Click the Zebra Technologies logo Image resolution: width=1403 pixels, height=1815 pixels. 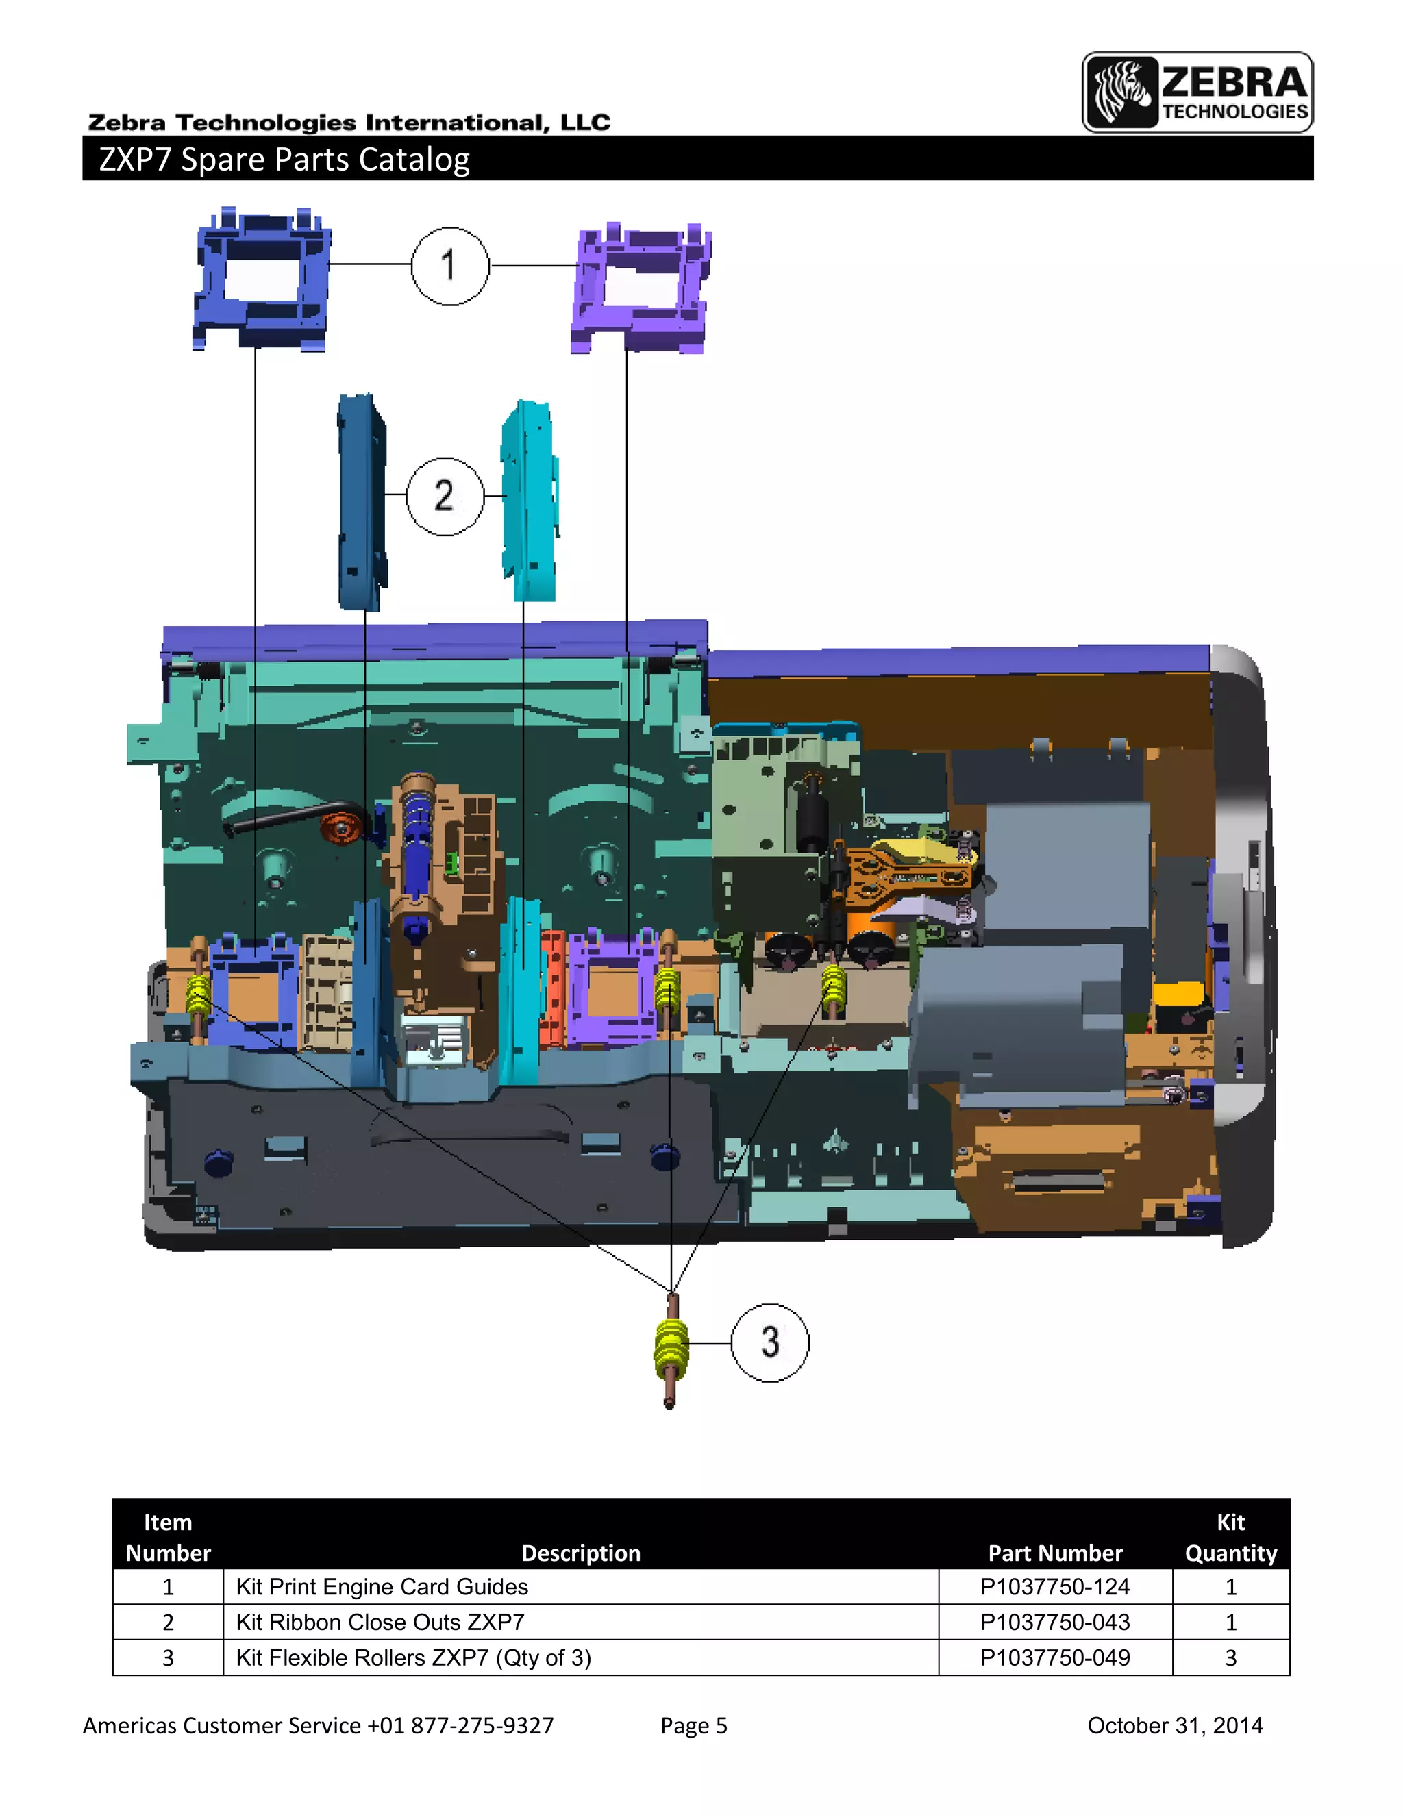click(x=1197, y=92)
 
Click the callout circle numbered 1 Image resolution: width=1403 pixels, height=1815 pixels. click(x=449, y=266)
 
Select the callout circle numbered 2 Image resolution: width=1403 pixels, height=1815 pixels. click(x=445, y=496)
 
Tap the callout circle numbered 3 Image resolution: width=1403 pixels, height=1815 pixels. click(x=769, y=1342)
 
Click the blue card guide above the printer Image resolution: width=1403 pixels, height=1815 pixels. click(x=260, y=281)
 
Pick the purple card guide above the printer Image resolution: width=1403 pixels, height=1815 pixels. click(x=640, y=289)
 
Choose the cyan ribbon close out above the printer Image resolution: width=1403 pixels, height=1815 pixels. click(x=530, y=501)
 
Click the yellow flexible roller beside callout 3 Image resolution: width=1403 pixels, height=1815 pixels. click(x=671, y=1348)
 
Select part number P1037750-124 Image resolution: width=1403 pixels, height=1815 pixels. click(x=1055, y=1586)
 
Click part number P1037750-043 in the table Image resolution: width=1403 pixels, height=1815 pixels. click(x=1055, y=1621)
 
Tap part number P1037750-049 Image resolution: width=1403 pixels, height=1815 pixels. click(x=1055, y=1657)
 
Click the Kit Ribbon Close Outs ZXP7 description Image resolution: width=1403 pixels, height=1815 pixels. click(x=380, y=1621)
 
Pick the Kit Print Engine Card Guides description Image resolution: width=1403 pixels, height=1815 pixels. click(x=382, y=1586)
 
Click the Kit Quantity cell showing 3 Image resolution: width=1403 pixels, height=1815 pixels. click(x=1230, y=1657)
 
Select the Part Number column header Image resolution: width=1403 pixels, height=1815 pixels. click(x=1055, y=1553)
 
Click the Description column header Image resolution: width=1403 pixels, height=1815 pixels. click(x=580, y=1553)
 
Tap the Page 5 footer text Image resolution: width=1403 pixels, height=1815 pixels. click(x=693, y=1725)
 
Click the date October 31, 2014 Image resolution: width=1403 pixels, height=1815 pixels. click(x=1174, y=1725)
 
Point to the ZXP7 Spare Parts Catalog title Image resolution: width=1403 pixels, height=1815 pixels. click(x=284, y=159)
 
